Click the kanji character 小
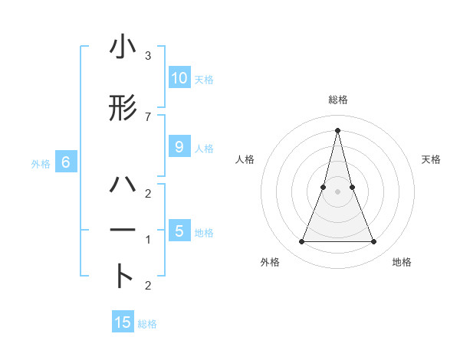pos(123,49)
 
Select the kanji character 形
pos(123,110)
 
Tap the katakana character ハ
pos(123,185)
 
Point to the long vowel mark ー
pos(123,230)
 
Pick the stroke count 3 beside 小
pos(147,56)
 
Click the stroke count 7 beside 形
pos(147,116)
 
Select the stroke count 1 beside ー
pos(147,240)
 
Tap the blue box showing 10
pos(179,78)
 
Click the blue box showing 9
pos(179,148)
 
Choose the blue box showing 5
pos(179,231)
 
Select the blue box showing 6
pos(66,162)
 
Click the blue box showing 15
pos(123,322)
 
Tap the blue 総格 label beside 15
pos(147,324)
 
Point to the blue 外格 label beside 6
pos(41,163)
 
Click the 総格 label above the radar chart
pos(337,100)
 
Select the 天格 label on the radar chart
pos(431,159)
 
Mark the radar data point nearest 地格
pos(374,242)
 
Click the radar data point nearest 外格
pos(301,242)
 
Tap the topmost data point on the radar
pos(337,130)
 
